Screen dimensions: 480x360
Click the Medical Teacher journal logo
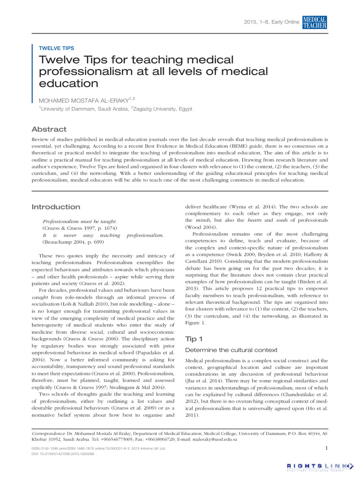(315, 22)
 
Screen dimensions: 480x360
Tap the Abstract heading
(49, 129)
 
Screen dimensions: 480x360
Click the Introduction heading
(55, 207)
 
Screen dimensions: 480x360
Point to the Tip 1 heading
(195, 339)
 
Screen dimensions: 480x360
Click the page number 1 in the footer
(326, 449)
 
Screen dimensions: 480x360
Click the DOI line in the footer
(62, 454)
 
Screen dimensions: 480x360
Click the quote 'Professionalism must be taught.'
(73, 221)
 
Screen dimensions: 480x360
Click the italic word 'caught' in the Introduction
(40, 298)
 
